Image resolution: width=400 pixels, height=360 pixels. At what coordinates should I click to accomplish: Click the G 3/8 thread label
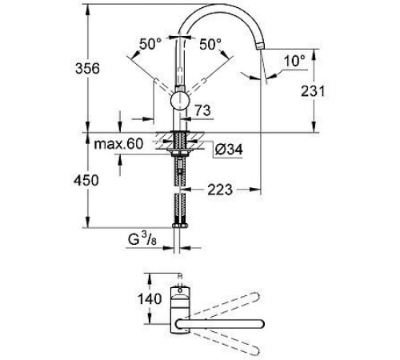click(x=151, y=238)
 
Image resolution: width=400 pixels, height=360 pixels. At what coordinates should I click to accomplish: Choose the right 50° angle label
click(x=210, y=44)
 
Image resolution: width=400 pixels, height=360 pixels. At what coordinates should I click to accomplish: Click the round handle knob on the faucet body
click(x=182, y=102)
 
